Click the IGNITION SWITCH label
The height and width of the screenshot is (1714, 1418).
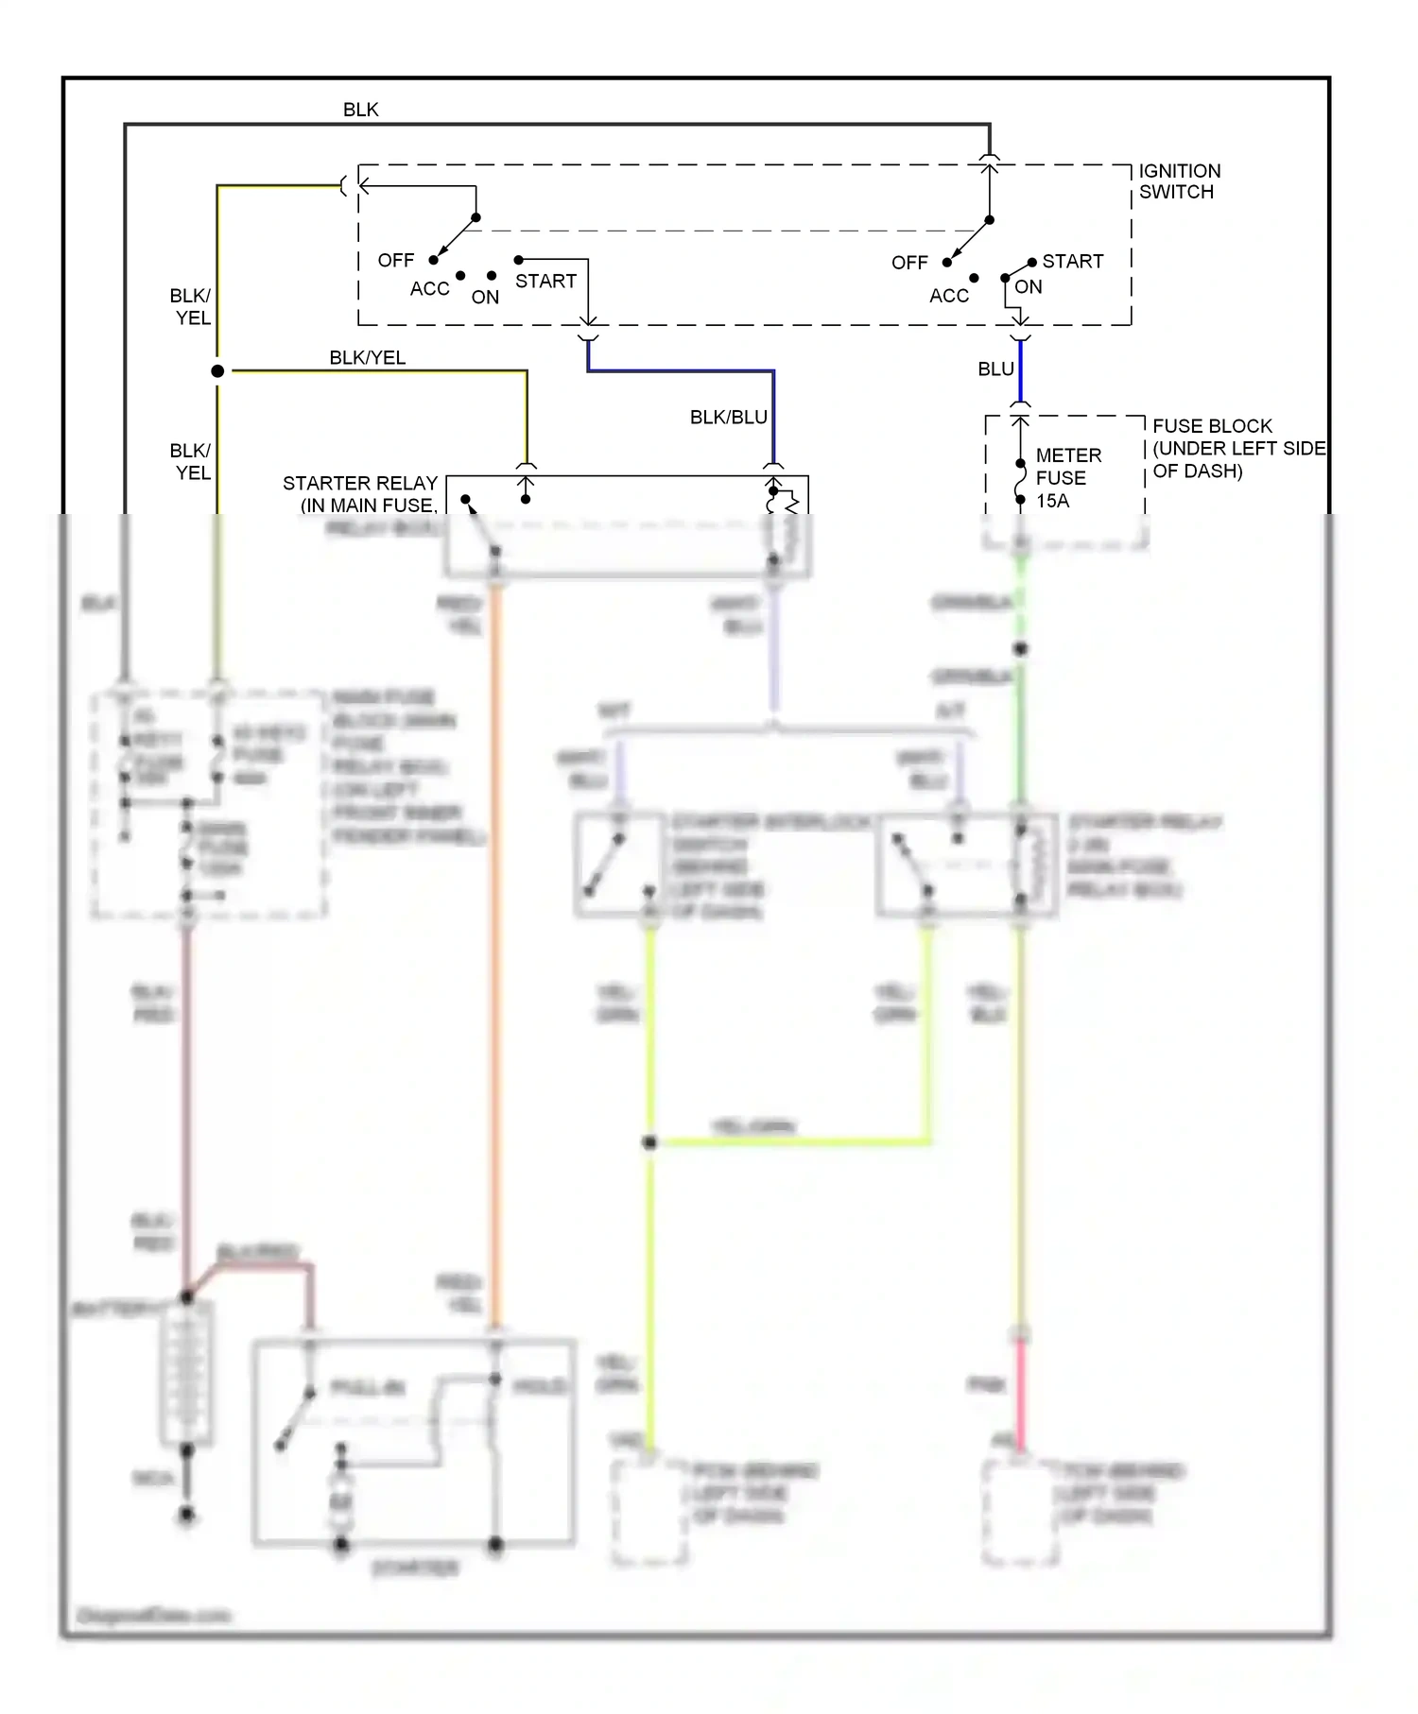coord(1179,181)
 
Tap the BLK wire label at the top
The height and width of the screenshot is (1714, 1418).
coord(360,110)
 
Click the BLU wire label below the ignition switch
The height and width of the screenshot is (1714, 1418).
coord(995,369)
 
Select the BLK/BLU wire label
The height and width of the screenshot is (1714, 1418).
coord(728,417)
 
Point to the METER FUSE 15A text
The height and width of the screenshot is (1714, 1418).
coord(1067,478)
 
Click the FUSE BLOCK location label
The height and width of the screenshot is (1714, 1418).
coord(1237,448)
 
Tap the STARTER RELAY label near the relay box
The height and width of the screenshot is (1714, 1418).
coord(360,493)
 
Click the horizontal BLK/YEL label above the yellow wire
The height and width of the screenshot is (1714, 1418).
coord(367,357)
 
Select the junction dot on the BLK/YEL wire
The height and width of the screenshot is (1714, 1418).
coord(217,371)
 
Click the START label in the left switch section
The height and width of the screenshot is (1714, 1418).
coord(545,281)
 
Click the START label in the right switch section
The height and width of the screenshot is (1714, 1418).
coord(1072,261)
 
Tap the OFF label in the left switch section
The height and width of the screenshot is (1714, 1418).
coord(395,260)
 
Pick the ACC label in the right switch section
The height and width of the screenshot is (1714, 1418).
coord(948,296)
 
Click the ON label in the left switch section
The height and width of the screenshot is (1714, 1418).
coord(485,297)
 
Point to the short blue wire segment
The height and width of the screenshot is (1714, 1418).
coord(1020,370)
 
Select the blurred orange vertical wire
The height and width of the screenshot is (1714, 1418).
coord(494,945)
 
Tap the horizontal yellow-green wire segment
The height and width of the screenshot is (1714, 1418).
coord(789,1142)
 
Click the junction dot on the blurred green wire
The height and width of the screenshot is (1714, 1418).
coord(1020,649)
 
